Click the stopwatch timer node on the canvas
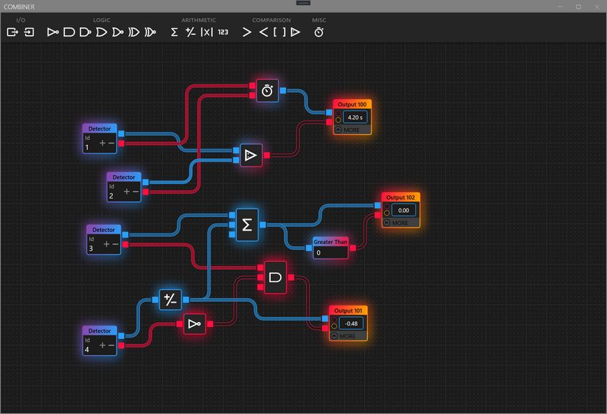267,91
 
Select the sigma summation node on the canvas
247,225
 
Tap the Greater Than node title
331,243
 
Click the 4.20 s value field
355,116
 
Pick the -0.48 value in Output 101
351,323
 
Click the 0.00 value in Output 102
403,210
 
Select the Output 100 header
352,104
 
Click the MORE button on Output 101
348,336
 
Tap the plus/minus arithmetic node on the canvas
170,299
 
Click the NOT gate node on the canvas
194,325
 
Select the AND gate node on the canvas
276,277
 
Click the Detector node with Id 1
99,138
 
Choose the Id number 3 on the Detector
91,248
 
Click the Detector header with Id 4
99,331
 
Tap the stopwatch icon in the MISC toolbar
319,32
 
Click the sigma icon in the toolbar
174,32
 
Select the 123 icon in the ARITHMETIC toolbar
224,32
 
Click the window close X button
596,6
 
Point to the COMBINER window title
19,6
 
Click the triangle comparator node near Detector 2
249,155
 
